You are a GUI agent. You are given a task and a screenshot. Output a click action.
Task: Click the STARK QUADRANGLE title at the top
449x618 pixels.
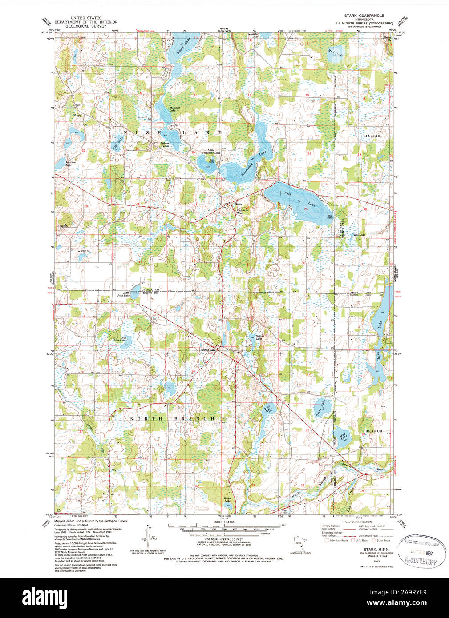tap(364, 16)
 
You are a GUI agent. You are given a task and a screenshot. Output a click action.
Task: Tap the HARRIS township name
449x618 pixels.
tap(372, 136)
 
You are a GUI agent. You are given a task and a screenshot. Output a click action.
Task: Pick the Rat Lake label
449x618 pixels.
tap(359, 235)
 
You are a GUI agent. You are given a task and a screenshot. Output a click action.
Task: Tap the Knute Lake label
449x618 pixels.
tap(227, 500)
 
